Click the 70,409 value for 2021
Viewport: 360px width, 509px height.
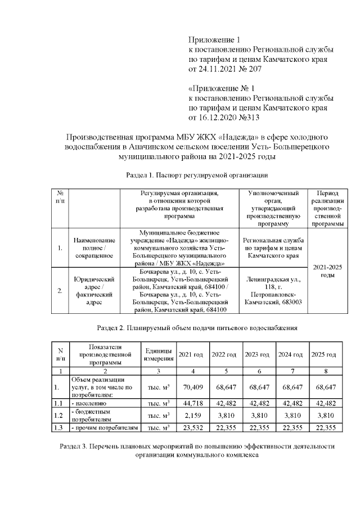[192, 388]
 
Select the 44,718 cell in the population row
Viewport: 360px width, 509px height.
[192, 403]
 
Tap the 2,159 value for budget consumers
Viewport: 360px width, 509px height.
[192, 416]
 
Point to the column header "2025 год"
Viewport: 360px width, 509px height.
[323, 355]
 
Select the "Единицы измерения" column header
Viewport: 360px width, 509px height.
[158, 355]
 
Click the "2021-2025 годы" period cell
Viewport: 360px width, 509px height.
[327, 271]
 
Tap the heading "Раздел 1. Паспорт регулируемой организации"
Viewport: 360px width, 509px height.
[192, 175]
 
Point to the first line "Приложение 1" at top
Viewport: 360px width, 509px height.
[213, 40]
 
